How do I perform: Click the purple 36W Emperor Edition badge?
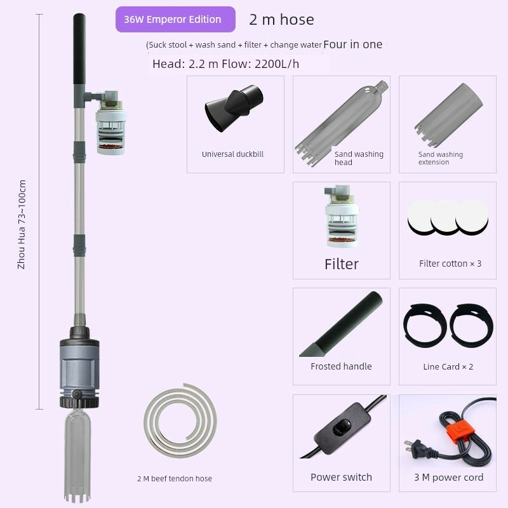tap(175, 20)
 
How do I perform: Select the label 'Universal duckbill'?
tap(232, 154)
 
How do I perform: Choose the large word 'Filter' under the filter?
tap(342, 264)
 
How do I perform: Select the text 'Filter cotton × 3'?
tap(450, 264)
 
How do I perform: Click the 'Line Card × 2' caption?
tap(448, 367)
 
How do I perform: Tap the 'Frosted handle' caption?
tap(341, 366)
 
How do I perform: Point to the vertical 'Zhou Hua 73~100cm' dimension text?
tap(22, 225)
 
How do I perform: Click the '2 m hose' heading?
tap(281, 20)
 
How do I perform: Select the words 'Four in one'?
tap(353, 44)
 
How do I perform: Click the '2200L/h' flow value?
tap(277, 64)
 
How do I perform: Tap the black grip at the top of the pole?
tap(79, 49)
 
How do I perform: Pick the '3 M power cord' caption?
tap(449, 478)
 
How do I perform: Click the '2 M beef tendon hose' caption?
tap(175, 479)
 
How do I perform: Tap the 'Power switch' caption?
tap(341, 478)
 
